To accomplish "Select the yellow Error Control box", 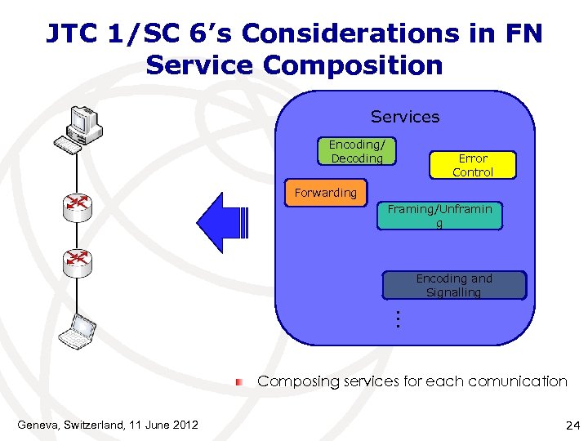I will pyautogui.click(x=473, y=165).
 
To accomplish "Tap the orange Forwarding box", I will pyautogui.click(x=326, y=193).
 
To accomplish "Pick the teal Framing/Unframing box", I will pyautogui.click(x=439, y=216).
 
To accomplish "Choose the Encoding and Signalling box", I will pyautogui.click(x=454, y=285).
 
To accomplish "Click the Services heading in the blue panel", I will pyautogui.click(x=404, y=117).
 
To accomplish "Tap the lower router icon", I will pyautogui.click(x=78, y=261).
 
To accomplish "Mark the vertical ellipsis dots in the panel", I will pyautogui.click(x=395, y=318).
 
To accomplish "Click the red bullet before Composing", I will pyautogui.click(x=240, y=381).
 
